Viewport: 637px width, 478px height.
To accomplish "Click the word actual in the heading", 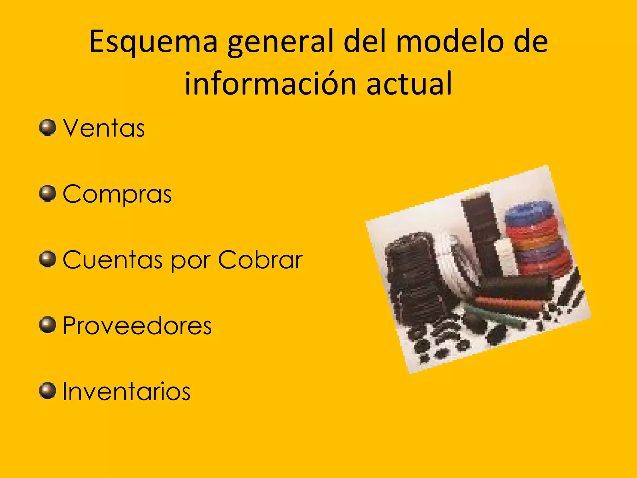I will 409,83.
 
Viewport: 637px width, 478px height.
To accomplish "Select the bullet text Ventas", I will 104,128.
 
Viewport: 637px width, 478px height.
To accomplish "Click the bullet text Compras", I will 117,194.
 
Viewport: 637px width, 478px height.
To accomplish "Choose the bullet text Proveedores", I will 137,326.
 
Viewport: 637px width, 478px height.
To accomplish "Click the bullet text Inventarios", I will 126,391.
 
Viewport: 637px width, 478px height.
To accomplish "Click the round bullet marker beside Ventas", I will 48,127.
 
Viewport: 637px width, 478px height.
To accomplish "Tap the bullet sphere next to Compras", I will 48,193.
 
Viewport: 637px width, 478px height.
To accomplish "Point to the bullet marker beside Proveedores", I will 48,325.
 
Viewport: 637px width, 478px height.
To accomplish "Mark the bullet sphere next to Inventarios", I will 48,391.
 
